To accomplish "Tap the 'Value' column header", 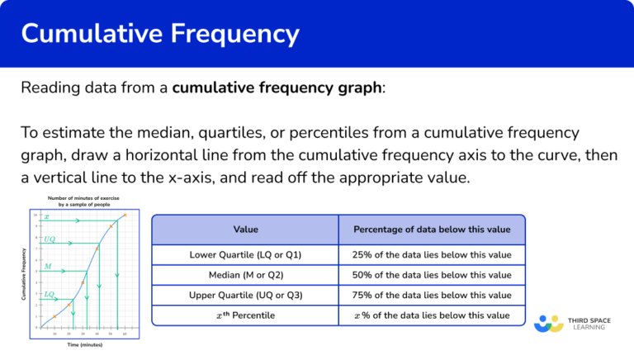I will (245, 229).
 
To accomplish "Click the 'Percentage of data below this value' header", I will (432, 229).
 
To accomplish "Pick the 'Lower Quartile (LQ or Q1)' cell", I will (245, 254).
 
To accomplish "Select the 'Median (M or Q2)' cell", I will (245, 275).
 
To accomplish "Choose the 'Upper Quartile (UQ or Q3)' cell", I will (245, 296).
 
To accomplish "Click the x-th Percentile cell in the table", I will (245, 315).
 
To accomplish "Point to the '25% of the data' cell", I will (432, 254).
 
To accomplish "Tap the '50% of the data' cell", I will (432, 275).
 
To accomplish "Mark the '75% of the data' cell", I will (432, 296).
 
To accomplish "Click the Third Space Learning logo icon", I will (549, 323).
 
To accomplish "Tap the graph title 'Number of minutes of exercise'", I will (80, 198).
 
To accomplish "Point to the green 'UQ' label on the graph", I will (50, 239).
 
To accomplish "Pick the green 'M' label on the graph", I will (48, 267).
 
